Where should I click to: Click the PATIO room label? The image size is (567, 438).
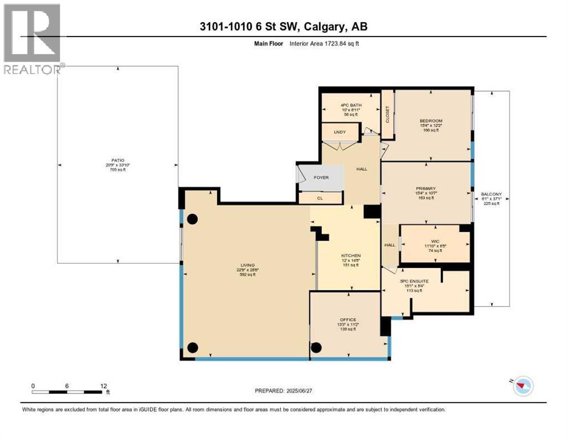(118, 160)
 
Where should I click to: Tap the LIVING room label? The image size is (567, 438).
(247, 265)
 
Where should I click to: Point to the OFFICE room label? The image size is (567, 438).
(347, 319)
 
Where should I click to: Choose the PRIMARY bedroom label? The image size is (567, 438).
(426, 188)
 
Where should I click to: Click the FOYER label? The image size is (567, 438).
(321, 177)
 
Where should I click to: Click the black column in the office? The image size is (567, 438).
(317, 347)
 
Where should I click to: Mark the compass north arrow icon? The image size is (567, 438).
(522, 386)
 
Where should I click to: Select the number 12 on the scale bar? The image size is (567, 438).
(103, 386)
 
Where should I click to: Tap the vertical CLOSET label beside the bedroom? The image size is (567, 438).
(387, 115)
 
